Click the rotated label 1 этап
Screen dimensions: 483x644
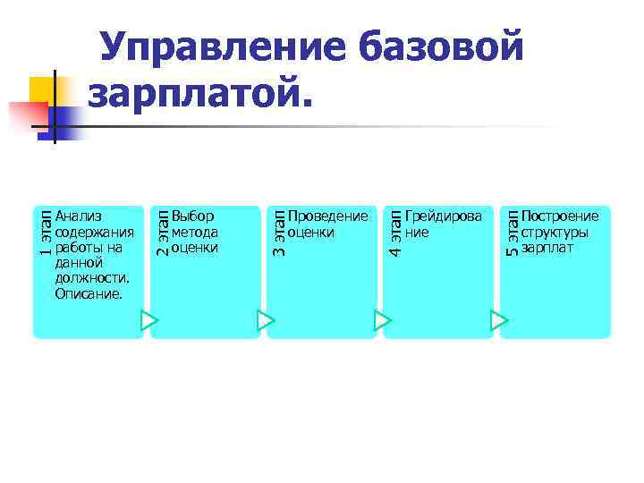pos(45,233)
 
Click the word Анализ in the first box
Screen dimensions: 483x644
pos(78,216)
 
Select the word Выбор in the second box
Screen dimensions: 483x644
pos(192,216)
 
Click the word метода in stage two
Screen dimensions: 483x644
pos(195,232)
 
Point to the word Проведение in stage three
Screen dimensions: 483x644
pos(327,216)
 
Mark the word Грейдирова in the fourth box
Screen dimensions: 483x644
pos(443,216)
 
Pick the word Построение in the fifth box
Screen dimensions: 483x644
pos(560,216)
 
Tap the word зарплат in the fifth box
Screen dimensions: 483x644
pos(547,248)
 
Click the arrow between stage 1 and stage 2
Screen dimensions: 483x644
pos(149,319)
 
